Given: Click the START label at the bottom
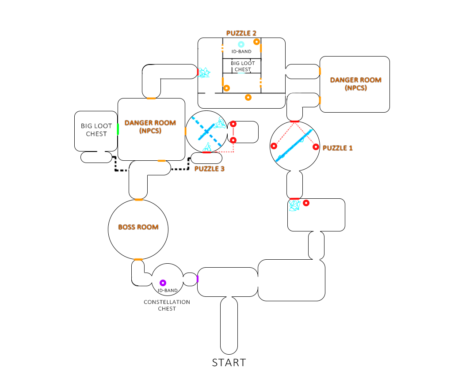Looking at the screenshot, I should click(x=229, y=363).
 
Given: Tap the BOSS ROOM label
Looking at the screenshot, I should click(x=138, y=227).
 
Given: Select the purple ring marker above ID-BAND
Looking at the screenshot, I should click(x=162, y=283).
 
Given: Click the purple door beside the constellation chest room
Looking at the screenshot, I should click(x=197, y=279).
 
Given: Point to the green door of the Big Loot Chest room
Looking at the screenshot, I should click(x=118, y=129).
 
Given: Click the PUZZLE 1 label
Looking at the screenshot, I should click(x=338, y=148).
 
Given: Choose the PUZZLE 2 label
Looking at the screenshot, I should click(x=241, y=33).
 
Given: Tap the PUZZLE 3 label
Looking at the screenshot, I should click(x=210, y=169).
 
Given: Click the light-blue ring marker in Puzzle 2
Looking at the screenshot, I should click(x=241, y=44).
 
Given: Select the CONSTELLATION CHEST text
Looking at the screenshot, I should click(x=167, y=305).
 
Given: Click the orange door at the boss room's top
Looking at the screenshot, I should click(x=138, y=200).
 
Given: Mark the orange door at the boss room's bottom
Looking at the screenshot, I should click(x=138, y=259).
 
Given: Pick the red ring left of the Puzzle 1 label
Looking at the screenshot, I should click(x=316, y=147).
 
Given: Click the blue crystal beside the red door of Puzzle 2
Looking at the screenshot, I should click(x=204, y=72).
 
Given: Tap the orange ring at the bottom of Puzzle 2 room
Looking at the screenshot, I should click(x=248, y=97).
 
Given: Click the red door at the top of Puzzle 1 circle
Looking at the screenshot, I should click(x=294, y=121).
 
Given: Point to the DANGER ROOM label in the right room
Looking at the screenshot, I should click(x=355, y=84).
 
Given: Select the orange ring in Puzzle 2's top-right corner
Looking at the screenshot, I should click(x=256, y=42).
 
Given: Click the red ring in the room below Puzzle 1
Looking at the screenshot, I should click(x=305, y=203).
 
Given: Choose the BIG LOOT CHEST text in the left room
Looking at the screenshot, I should click(x=96, y=130).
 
